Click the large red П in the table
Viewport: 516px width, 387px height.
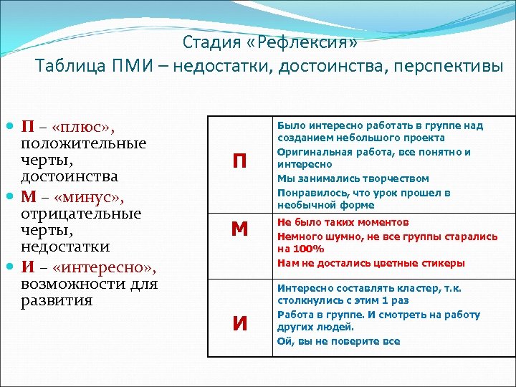point(239,163)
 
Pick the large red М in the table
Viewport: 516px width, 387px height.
point(239,229)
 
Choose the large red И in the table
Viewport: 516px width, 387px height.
point(239,324)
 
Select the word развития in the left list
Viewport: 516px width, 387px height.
point(57,300)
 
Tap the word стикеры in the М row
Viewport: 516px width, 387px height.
point(439,263)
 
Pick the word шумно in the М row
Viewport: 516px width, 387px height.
point(337,236)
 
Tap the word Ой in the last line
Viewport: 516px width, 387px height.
point(283,341)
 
